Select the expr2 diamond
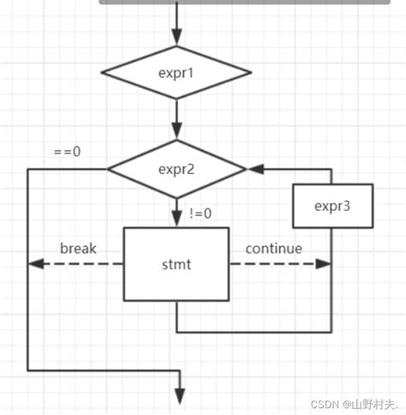[x=176, y=169]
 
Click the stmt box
[x=176, y=264]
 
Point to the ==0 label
[x=67, y=152]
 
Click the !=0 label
[x=202, y=213]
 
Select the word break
[x=78, y=250]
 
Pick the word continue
[x=274, y=250]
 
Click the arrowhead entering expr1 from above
[x=176, y=37]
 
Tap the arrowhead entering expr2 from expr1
[x=176, y=131]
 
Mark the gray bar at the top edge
[x=248, y=3]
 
